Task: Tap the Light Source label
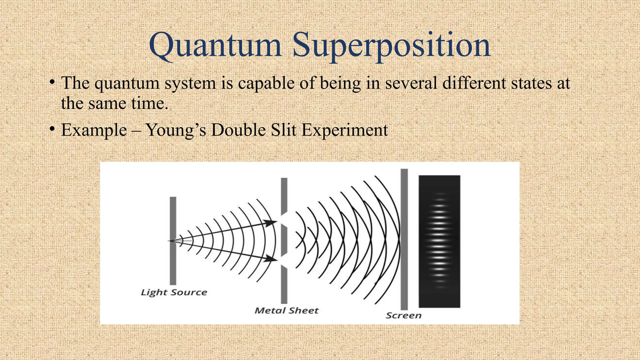pos(174,292)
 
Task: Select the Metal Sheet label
pos(286,311)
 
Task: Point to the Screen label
pos(403,316)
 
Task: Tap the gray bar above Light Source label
pos(173,241)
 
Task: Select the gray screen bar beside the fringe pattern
pos(404,239)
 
